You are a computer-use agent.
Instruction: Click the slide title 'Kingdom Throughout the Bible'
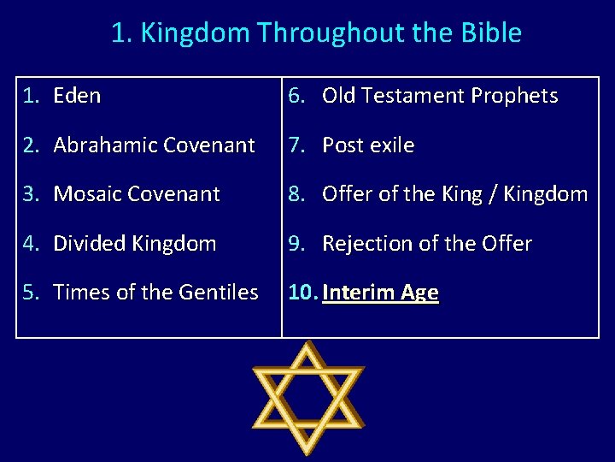point(316,33)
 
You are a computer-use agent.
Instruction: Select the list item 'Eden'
point(77,96)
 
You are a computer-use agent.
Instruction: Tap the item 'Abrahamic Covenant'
point(154,145)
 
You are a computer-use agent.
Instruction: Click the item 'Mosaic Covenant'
point(137,194)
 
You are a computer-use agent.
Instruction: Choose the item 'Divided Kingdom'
point(134,244)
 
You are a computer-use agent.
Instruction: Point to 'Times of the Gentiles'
point(155,293)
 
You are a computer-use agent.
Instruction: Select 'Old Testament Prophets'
point(439,96)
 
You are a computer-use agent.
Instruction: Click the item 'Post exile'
point(368,145)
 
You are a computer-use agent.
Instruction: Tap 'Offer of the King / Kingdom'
point(454,194)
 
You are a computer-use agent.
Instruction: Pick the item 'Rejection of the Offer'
point(426,244)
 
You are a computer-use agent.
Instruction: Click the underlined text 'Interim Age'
point(380,293)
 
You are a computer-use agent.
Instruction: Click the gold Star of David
point(308,398)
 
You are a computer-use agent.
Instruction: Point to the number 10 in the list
point(301,293)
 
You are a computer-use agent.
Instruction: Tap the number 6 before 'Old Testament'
point(294,96)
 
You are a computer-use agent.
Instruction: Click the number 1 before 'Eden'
point(28,96)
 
